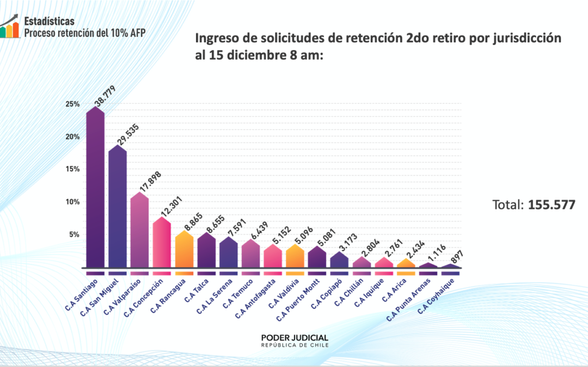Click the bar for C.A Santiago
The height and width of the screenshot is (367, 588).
[95, 190]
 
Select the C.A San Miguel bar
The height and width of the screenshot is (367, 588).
[118, 209]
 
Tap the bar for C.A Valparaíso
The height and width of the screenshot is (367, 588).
[139, 231]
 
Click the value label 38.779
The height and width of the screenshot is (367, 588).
[101, 92]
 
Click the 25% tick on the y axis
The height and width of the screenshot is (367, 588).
[73, 104]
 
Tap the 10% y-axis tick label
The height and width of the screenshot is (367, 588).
[73, 202]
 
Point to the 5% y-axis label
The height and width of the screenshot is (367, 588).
[75, 235]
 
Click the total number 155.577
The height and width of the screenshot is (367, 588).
[552, 205]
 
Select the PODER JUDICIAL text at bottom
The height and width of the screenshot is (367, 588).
[295, 337]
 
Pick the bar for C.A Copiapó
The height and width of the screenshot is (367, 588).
[339, 260]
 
